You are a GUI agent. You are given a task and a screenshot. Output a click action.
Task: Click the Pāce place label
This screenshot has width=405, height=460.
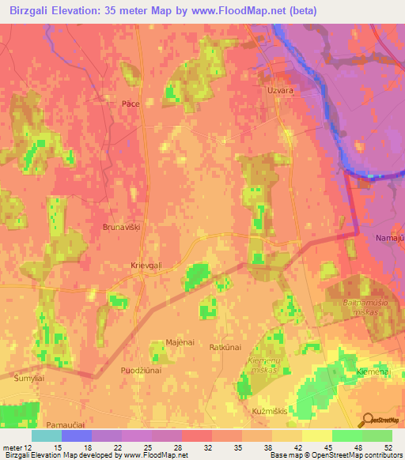[131, 104]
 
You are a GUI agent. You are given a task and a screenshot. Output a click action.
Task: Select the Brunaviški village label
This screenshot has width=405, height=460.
[120, 227]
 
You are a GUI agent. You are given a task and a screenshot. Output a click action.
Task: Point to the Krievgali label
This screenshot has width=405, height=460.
[146, 267]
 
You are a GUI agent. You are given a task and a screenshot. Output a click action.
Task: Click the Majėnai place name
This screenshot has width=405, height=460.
[180, 341]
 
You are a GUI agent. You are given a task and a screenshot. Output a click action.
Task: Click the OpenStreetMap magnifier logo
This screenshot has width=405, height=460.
[366, 419]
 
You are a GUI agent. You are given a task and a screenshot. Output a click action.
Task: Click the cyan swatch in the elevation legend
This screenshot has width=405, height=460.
[47, 435]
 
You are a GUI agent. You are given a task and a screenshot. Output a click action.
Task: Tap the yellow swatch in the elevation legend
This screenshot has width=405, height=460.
[316, 435]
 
